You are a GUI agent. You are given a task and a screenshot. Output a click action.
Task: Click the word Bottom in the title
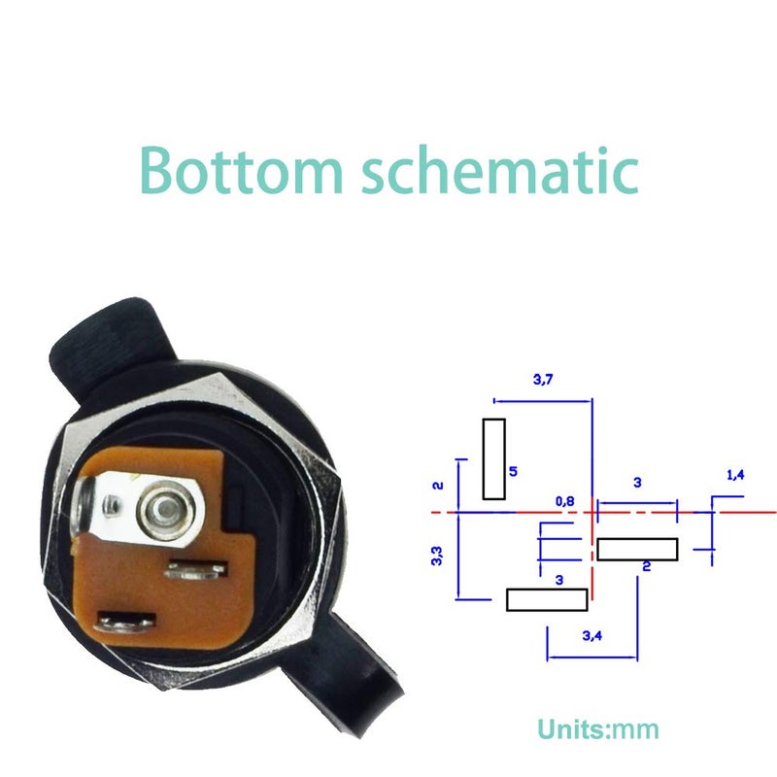click(241, 170)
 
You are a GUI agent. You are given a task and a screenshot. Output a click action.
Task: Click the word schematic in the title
click(500, 170)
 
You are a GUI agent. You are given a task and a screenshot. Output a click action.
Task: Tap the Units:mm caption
click(598, 729)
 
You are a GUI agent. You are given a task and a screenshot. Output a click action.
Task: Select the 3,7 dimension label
click(543, 380)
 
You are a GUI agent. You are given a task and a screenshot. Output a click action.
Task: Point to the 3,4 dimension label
click(592, 635)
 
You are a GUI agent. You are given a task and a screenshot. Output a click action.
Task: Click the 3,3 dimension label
click(436, 556)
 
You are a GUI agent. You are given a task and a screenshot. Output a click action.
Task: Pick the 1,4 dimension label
click(735, 475)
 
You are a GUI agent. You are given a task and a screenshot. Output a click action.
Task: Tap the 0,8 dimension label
click(565, 501)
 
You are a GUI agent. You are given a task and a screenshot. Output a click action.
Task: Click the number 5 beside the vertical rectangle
click(513, 471)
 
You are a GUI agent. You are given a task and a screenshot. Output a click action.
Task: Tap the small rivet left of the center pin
click(111, 505)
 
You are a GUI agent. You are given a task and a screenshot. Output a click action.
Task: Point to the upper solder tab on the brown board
click(196, 569)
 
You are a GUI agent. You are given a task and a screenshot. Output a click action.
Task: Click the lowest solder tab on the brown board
click(126, 623)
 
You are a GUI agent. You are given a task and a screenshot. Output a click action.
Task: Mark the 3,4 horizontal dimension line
click(592, 658)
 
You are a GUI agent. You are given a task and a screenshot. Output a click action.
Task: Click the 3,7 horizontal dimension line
click(543, 401)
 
